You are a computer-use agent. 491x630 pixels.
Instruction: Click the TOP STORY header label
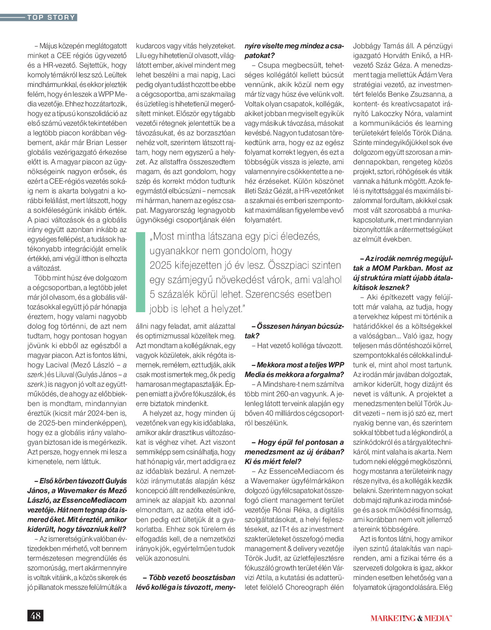51,17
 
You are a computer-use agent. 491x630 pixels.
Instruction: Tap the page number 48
35,615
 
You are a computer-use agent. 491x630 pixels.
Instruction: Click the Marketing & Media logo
411,618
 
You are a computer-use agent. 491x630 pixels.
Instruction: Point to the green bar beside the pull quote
140,272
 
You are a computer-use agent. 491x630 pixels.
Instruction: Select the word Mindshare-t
287,384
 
